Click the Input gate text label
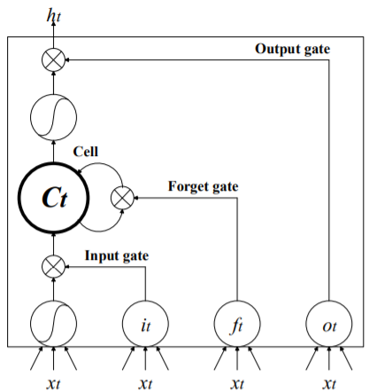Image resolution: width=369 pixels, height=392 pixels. [116, 256]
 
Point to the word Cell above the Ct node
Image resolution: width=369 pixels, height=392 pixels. [86, 153]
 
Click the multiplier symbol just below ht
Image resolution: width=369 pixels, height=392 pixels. [54, 59]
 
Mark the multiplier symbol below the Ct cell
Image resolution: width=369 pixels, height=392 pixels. [54, 264]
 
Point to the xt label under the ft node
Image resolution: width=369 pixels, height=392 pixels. [237, 382]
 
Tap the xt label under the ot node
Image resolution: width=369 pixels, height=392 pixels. [328, 382]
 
